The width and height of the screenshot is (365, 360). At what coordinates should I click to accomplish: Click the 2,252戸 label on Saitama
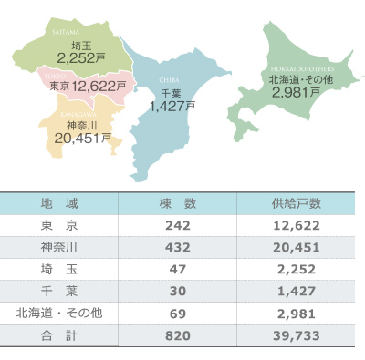[x=82, y=57]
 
